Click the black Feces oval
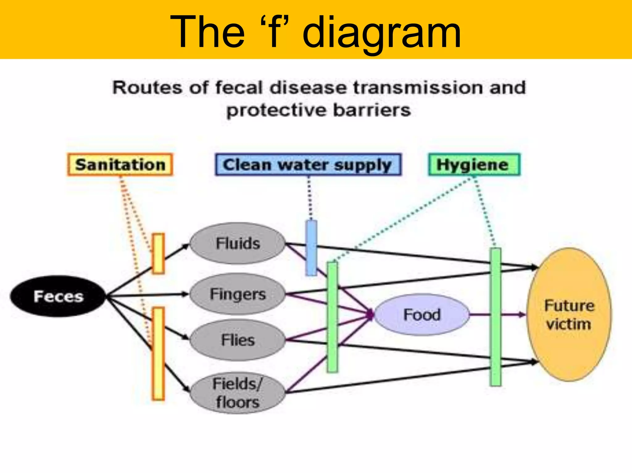coord(58,296)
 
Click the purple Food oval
coord(422,315)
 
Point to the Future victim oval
coord(569,315)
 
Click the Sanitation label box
coord(120,165)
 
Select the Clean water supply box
coord(308,165)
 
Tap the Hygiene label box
coord(474,165)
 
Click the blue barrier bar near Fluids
coord(311,248)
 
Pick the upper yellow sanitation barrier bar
coord(158,254)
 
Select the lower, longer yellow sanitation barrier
coord(158,354)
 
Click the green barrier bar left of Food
coord(332,317)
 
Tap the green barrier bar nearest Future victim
coord(496,317)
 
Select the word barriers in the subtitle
coord(372,110)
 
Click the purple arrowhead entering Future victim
coord(522,315)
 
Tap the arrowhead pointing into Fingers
coord(185,294)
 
